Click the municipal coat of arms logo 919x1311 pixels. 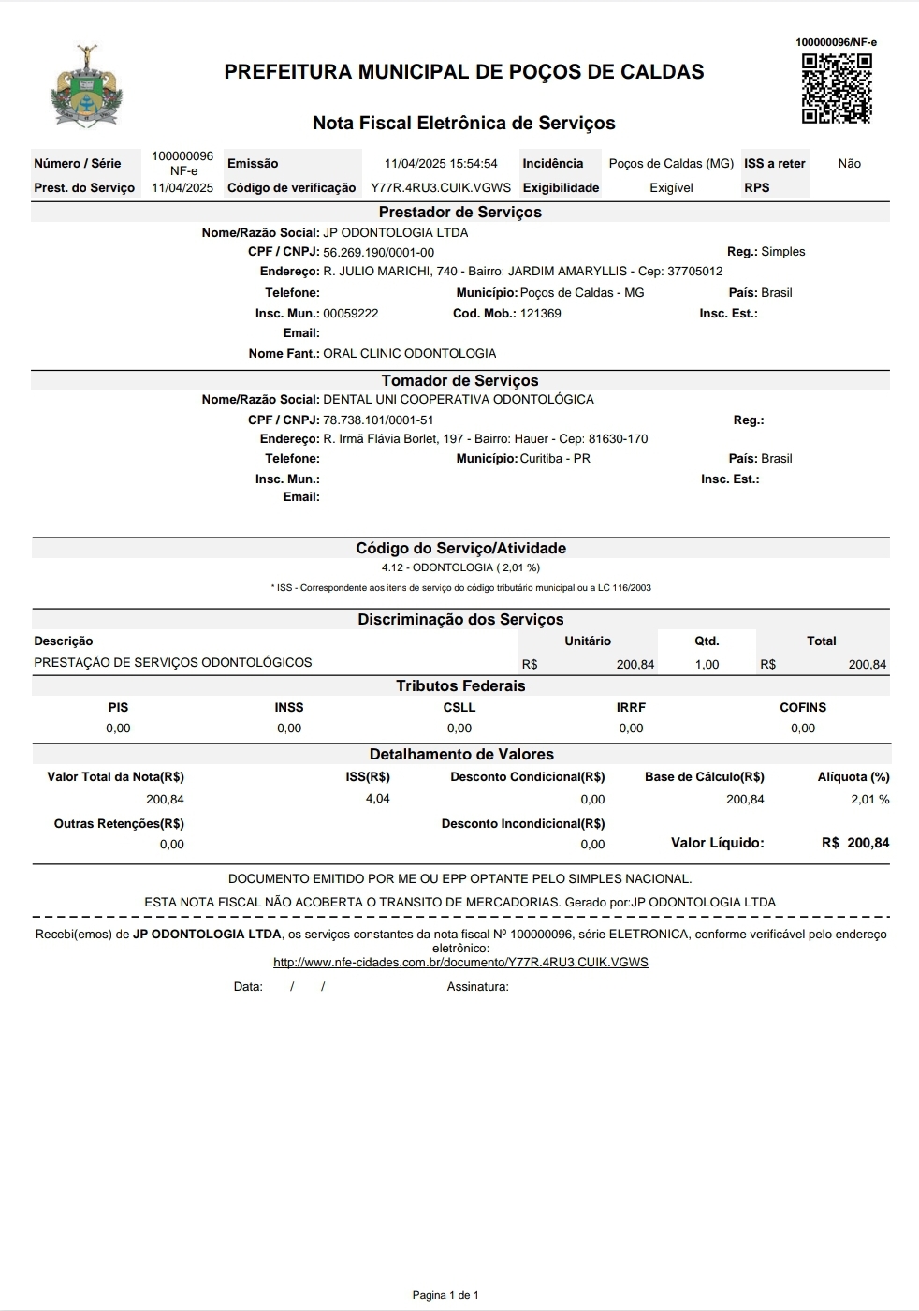pyautogui.click(x=87, y=86)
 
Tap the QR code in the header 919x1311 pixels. pyautogui.click(x=837, y=88)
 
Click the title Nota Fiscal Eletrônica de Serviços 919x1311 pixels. pyautogui.click(x=463, y=123)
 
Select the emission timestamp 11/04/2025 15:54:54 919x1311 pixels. pyautogui.click(x=441, y=164)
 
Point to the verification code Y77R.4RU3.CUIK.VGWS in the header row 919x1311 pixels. pyautogui.click(x=441, y=188)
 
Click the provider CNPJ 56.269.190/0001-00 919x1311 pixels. pyautogui.click(x=378, y=252)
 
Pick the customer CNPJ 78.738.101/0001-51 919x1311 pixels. pyautogui.click(x=378, y=420)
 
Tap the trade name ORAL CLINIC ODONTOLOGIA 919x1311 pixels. pyautogui.click(x=409, y=354)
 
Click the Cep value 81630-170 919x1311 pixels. pyautogui.click(x=618, y=439)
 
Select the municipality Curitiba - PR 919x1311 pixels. pyautogui.click(x=555, y=459)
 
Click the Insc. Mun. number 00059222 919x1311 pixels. pyautogui.click(x=351, y=314)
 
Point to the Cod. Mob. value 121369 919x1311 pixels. pyautogui.click(x=541, y=314)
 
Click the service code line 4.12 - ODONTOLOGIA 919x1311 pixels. pyautogui.click(x=460, y=567)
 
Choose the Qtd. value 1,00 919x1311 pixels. pyautogui.click(x=707, y=665)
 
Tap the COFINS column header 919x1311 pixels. pyautogui.click(x=803, y=708)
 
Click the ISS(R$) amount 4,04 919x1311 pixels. pyautogui.click(x=377, y=799)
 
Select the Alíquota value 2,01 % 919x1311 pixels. pyautogui.click(x=869, y=800)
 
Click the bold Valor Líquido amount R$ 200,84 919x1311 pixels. pyautogui.click(x=855, y=844)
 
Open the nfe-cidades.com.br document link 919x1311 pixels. pyautogui.click(x=460, y=963)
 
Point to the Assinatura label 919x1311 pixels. pyautogui.click(x=477, y=987)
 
